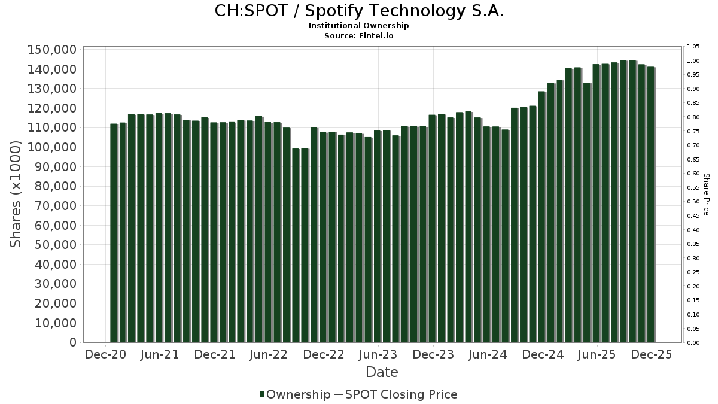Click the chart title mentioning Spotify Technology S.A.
click(x=359, y=11)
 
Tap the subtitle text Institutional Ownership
click(x=359, y=26)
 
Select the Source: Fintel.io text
click(x=359, y=35)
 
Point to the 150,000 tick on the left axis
click(x=52, y=50)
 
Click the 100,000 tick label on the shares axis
click(x=52, y=147)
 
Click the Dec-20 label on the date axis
click(x=105, y=354)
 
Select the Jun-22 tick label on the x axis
click(x=269, y=354)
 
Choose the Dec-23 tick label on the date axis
click(x=433, y=354)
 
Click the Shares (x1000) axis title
click(x=16, y=195)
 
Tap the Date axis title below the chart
click(x=382, y=372)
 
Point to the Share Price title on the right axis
click(x=706, y=195)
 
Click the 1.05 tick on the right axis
click(x=694, y=47)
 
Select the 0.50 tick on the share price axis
click(x=694, y=202)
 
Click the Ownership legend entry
click(x=295, y=394)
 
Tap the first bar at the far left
click(x=114, y=233)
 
